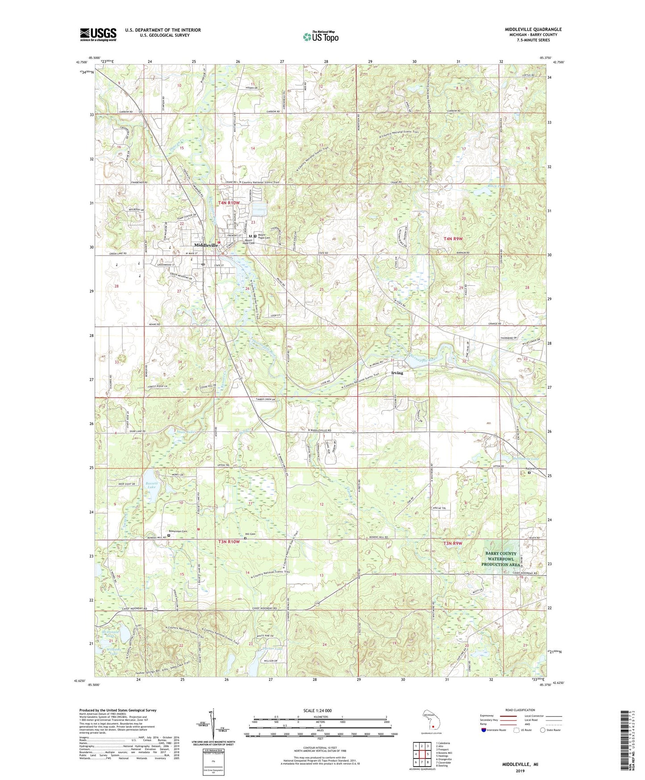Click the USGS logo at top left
click(98, 34)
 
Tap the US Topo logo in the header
click(320, 37)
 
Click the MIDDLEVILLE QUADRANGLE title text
click(533, 29)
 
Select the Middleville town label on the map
click(206, 245)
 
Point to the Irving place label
click(397, 373)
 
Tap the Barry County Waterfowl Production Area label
click(501, 559)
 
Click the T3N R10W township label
click(229, 541)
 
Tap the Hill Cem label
click(250, 534)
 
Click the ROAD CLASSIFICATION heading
click(520, 710)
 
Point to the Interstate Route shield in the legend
click(485, 730)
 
